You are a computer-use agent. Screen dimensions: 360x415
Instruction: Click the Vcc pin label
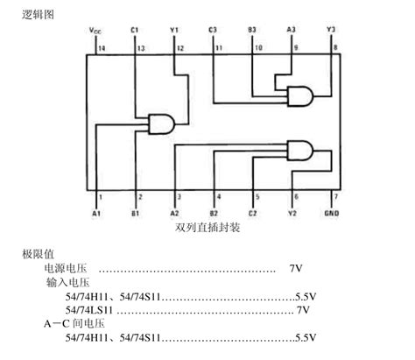[95, 31]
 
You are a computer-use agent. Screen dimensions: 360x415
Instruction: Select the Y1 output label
[173, 31]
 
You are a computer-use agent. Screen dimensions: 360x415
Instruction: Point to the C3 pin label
[213, 31]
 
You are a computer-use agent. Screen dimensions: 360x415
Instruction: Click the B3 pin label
[252, 31]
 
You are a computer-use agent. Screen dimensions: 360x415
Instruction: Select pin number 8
[334, 47]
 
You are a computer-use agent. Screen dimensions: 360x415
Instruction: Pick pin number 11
[218, 47]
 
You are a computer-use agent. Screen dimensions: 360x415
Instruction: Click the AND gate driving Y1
[164, 124]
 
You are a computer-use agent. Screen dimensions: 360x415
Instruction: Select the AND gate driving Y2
[300, 152]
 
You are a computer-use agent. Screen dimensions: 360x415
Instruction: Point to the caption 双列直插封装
[207, 227]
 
